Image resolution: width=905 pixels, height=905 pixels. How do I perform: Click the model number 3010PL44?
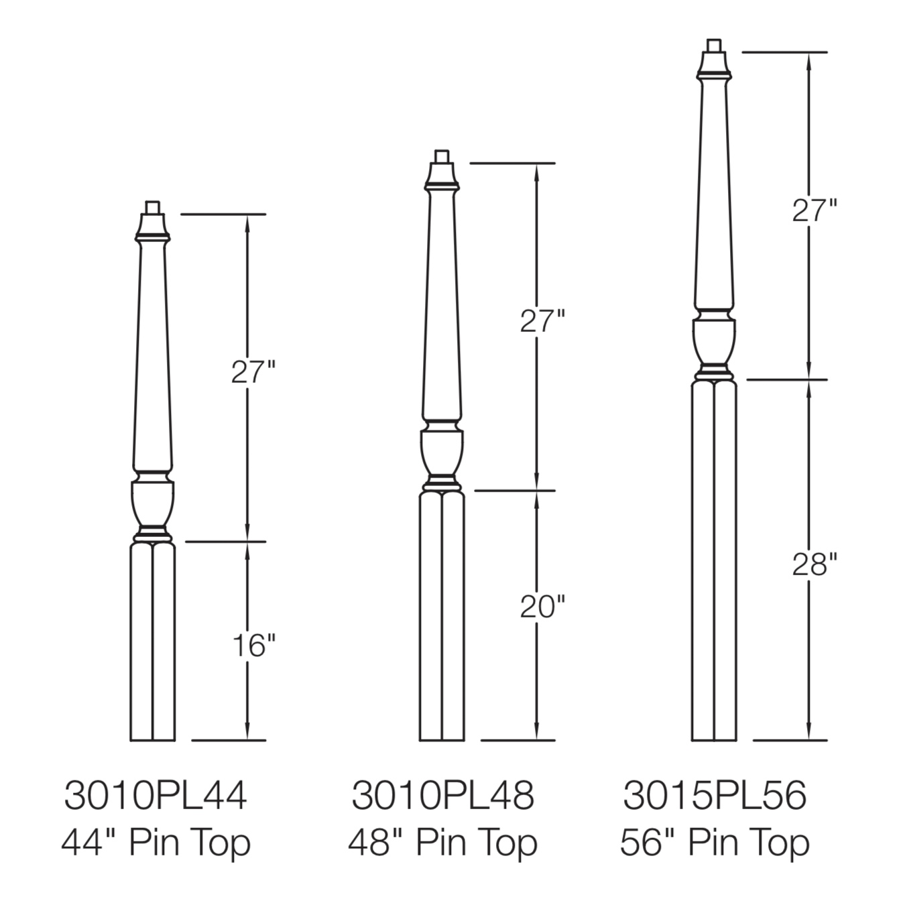pos(155,795)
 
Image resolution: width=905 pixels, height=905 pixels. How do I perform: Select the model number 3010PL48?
pos(443,795)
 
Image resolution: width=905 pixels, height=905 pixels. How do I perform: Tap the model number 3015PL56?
pos(715,795)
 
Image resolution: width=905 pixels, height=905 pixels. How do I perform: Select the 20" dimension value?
pos(542,607)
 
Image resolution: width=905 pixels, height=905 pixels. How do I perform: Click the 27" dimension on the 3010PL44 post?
pos(253,372)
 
